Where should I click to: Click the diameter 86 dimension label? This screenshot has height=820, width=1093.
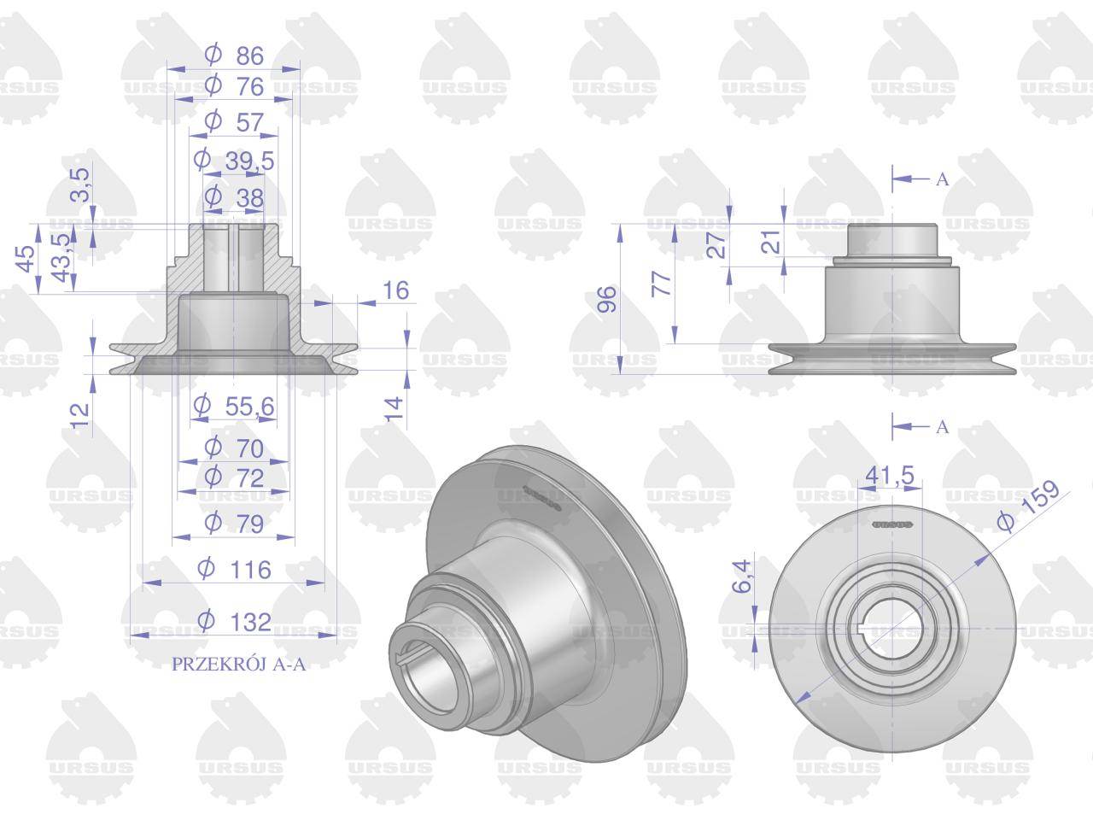coord(234,56)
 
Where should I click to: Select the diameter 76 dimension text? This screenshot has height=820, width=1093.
coord(234,86)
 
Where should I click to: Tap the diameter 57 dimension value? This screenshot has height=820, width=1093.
coord(234,122)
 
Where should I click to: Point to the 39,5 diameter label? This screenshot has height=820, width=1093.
coord(234,161)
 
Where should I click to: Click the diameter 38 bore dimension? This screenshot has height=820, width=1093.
coord(234,197)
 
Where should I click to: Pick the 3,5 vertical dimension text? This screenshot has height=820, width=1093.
coord(80,184)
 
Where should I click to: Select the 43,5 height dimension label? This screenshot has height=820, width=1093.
coord(62,257)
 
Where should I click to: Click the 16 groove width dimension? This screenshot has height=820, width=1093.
coord(396,290)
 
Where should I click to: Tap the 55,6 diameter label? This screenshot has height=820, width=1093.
coord(234,407)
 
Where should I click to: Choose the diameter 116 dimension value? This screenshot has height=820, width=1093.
coord(234,569)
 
